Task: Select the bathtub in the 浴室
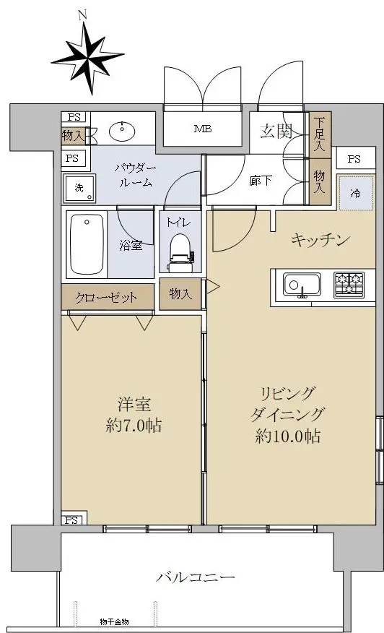coord(87,245)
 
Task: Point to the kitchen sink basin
coord(302,285)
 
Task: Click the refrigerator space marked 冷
coord(355,193)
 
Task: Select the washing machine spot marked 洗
coord(79,188)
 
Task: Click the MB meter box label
coord(203,129)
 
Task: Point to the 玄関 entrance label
coord(276,132)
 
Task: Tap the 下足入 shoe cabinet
coord(320,134)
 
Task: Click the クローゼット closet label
coord(107,298)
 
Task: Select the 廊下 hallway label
coord(260,181)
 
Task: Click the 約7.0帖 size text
coord(134,426)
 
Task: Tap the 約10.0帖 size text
coord(288,436)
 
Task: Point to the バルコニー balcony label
coord(196,577)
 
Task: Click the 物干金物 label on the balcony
coord(114,622)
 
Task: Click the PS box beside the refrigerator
coord(354,159)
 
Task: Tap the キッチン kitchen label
coord(320,240)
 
